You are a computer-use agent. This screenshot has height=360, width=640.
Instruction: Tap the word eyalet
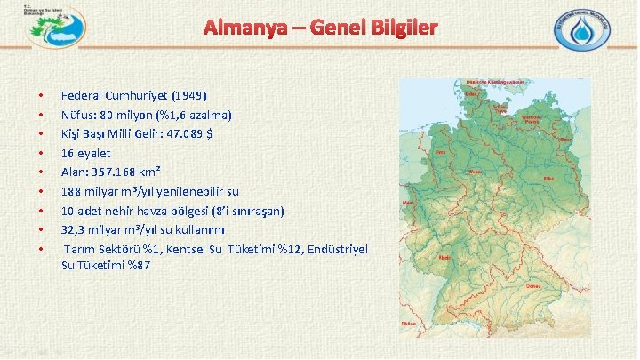pyautogui.click(x=92, y=153)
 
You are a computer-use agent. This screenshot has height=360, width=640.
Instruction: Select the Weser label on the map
pyautogui.click(x=475, y=171)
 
